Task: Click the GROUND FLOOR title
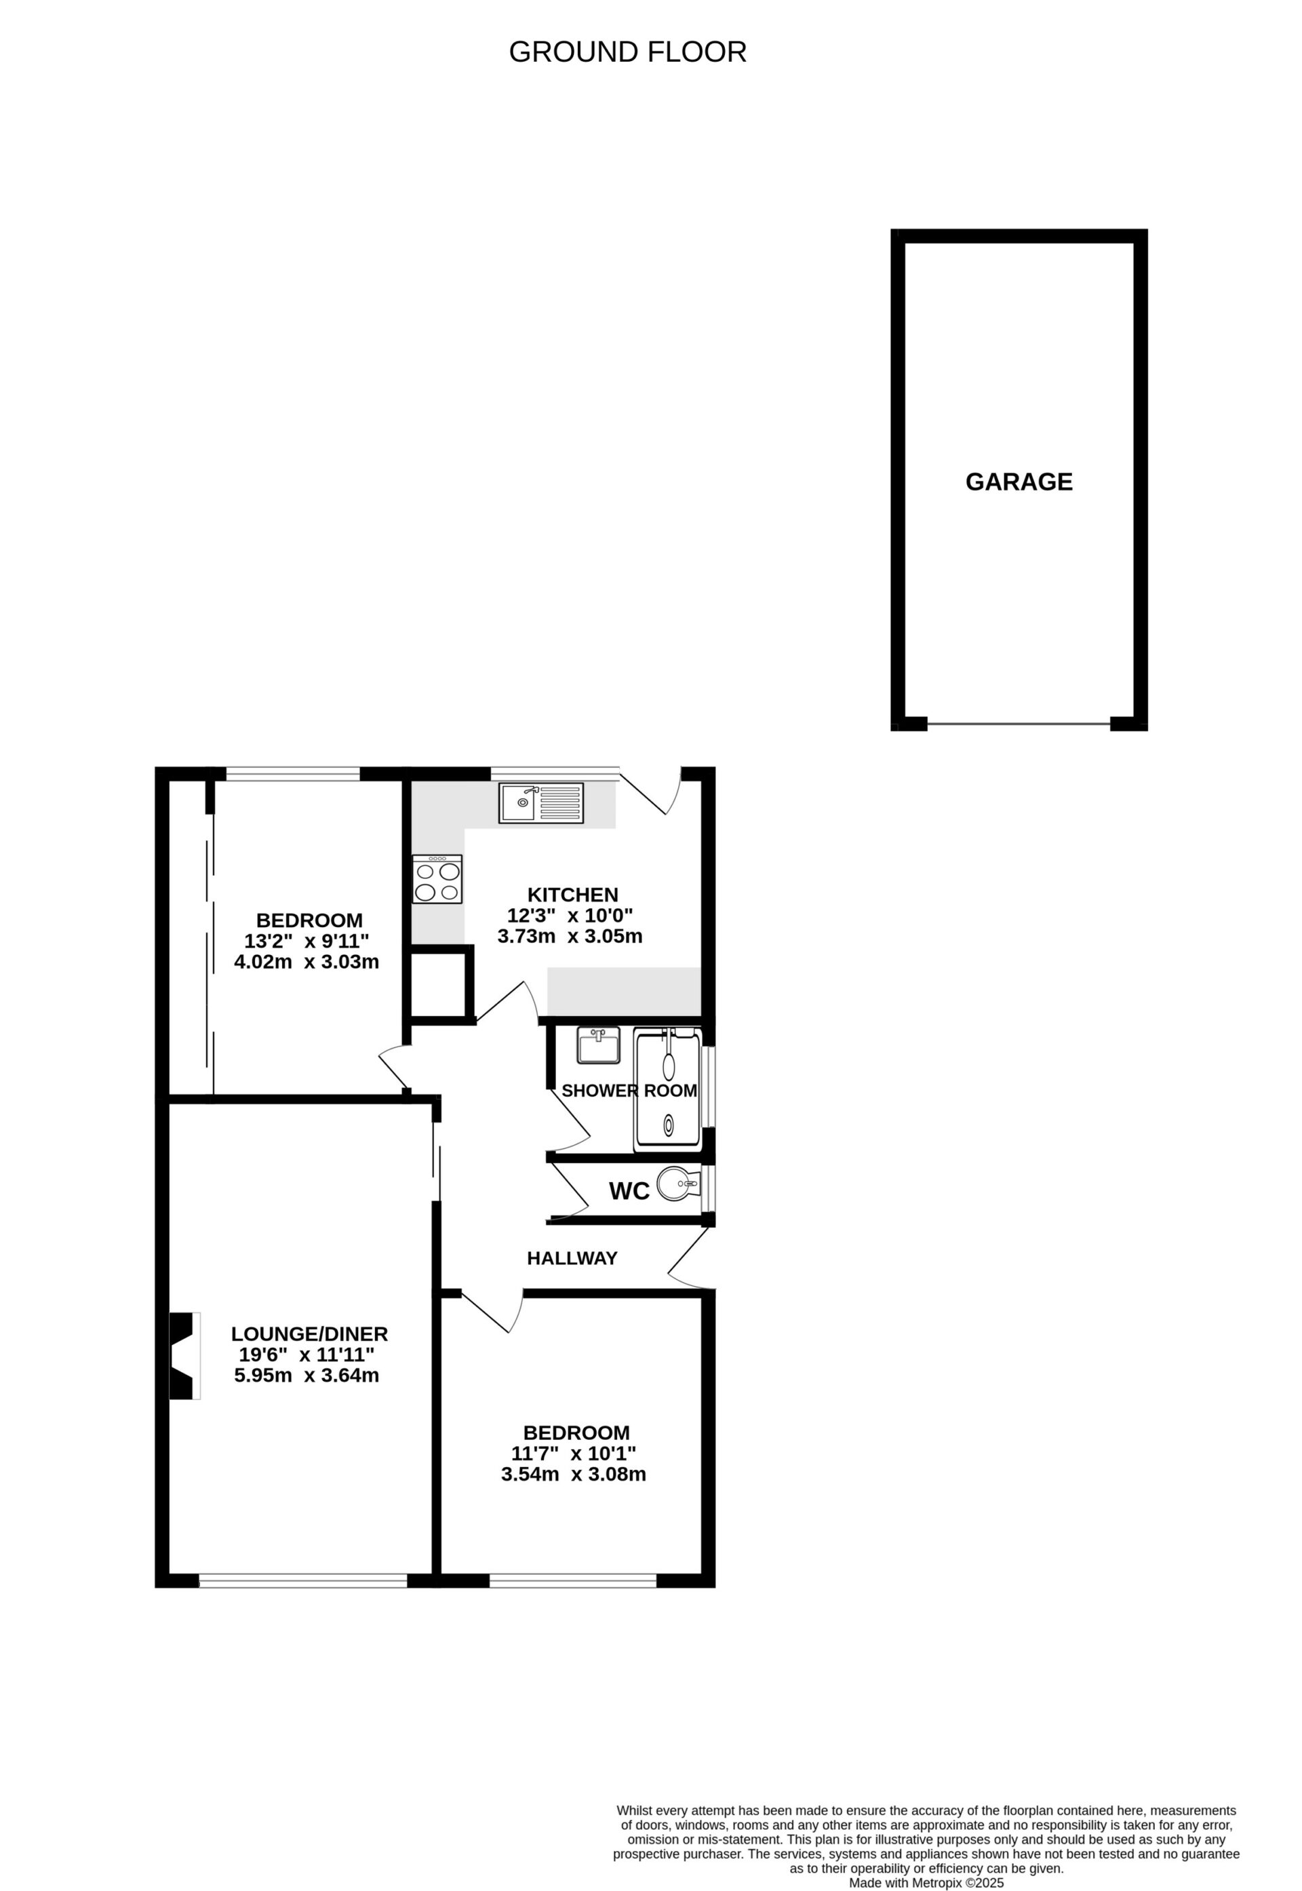click(627, 52)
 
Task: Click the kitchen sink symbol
click(541, 803)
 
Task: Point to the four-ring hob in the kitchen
click(437, 880)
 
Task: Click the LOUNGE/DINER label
click(309, 1334)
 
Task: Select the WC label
click(629, 1192)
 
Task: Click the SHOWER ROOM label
click(629, 1091)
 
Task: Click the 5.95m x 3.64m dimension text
click(307, 1376)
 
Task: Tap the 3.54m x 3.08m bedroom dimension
click(574, 1474)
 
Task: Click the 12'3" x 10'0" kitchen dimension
click(570, 915)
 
